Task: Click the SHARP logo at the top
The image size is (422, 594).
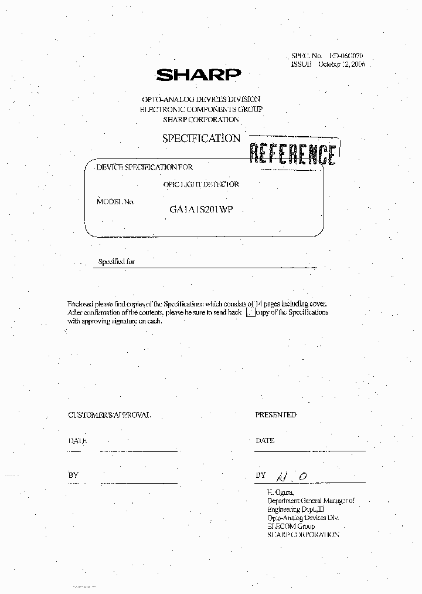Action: (199, 75)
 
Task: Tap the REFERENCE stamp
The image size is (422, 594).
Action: (292, 154)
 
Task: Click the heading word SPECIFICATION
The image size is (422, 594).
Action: (201, 139)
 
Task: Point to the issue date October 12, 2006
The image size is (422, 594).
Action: (341, 64)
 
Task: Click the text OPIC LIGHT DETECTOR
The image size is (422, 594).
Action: (201, 184)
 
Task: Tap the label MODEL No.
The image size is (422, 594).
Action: (115, 201)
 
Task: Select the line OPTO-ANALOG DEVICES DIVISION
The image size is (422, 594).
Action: (201, 99)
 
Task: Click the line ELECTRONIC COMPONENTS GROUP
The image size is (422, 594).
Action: (201, 109)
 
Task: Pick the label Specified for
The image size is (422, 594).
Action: (117, 261)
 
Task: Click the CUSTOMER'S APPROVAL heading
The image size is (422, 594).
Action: (110, 415)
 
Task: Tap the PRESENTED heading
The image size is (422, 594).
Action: (275, 414)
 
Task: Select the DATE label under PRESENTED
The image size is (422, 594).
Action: (265, 440)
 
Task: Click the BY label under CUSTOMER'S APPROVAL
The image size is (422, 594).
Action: (73, 475)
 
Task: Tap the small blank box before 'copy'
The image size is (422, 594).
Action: (250, 313)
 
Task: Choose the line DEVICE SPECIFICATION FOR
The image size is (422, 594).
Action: (144, 167)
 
